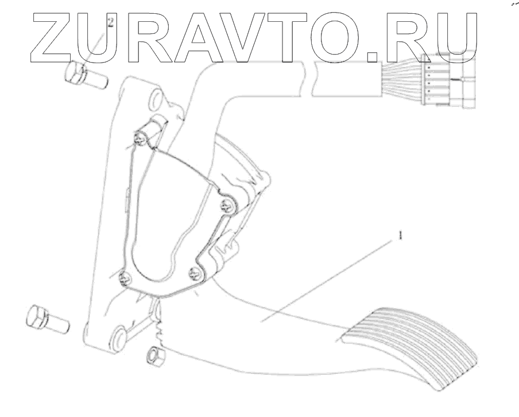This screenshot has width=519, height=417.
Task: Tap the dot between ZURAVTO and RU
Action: [x=374, y=56]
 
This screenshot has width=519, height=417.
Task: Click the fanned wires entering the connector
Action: [x=402, y=75]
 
